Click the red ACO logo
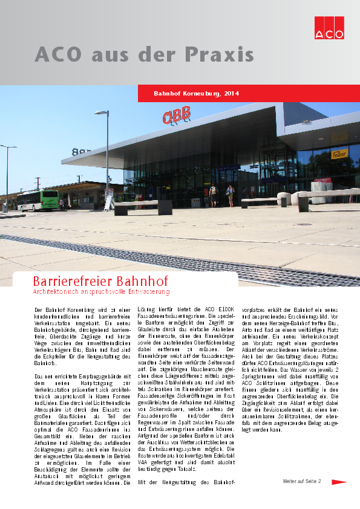pos(329,27)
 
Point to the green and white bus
pos(38,199)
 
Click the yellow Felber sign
pos(339,154)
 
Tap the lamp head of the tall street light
pos(101,112)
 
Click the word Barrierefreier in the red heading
pos(68,282)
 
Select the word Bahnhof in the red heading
pos(137,282)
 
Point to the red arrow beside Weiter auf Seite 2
pos(339,482)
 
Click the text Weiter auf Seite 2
pos(302,482)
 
